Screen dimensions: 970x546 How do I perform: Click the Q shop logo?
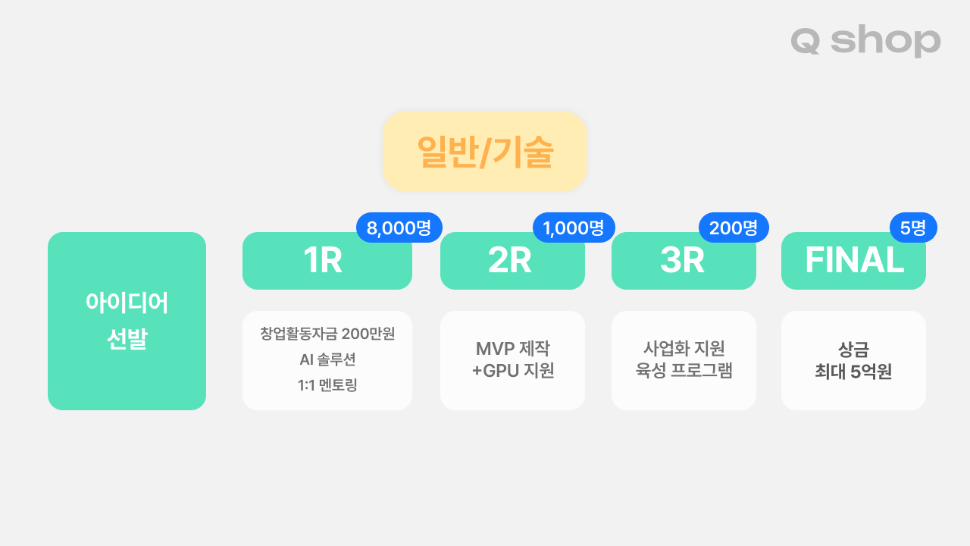865,41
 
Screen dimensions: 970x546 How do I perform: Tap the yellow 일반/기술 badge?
484,151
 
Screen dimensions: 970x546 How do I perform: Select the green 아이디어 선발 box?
127,321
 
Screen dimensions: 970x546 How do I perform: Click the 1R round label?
323,260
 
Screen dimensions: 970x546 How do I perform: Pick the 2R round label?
510,260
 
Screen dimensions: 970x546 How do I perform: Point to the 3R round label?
682,260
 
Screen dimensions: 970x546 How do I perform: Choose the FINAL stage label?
854,260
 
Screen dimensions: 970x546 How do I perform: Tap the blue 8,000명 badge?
399,227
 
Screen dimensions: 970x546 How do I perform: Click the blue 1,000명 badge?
574,227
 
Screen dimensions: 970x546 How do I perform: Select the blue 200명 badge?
734,227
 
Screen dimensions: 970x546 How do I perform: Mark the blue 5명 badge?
913,227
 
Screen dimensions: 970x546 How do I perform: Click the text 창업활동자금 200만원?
327,334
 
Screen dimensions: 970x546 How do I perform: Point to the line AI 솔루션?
327,359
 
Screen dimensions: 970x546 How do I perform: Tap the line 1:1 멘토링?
327,384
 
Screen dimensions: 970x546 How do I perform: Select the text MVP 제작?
513,348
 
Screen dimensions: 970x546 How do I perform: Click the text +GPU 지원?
513,371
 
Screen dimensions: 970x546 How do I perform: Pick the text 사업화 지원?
684,348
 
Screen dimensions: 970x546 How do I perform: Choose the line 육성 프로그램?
684,370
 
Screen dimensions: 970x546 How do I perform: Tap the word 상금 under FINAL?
853,350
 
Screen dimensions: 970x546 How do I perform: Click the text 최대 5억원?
853,372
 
